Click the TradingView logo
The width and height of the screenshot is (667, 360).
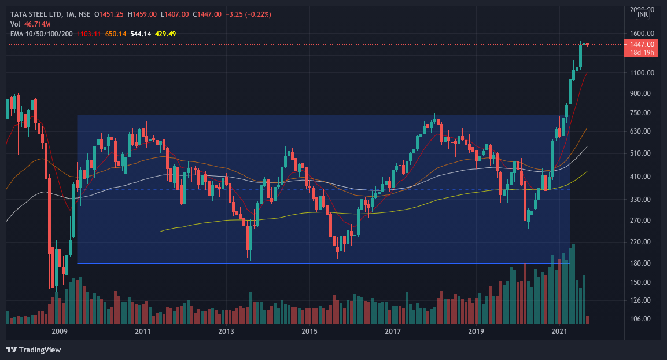(x=33, y=350)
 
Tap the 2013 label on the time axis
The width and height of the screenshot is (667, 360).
(x=226, y=332)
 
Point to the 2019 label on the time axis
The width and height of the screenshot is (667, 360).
(x=476, y=332)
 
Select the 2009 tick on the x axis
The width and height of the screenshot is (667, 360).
(x=60, y=332)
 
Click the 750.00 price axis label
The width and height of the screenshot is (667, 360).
(x=642, y=113)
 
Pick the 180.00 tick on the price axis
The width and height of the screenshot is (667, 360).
(x=642, y=263)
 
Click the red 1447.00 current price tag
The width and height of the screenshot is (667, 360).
(x=642, y=45)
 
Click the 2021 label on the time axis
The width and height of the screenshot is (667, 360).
(x=559, y=332)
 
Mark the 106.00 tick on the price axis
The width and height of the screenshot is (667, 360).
(x=642, y=319)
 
